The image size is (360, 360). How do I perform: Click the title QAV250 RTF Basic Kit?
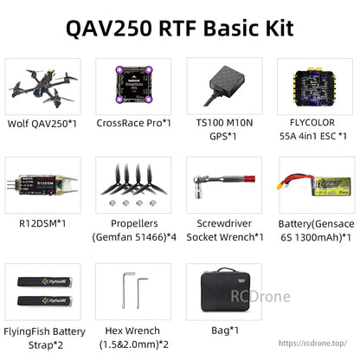click(x=180, y=29)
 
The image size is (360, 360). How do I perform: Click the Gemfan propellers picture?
click(x=133, y=181)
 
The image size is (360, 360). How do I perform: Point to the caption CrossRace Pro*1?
click(x=133, y=124)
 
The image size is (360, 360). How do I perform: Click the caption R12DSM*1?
click(x=42, y=224)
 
